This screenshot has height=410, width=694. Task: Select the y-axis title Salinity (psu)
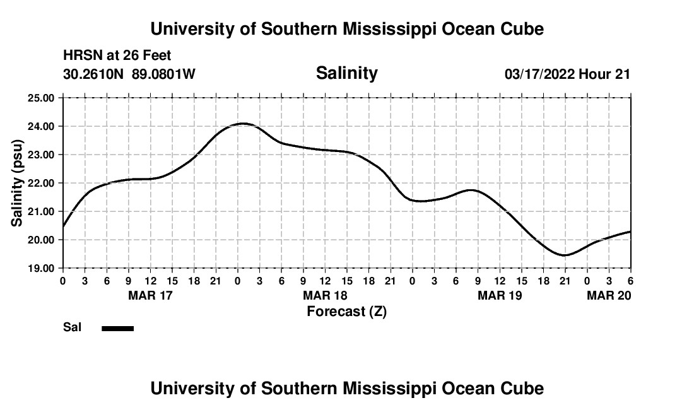click(x=17, y=183)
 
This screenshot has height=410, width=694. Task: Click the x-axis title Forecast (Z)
click(x=346, y=311)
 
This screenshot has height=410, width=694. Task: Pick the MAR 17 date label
click(x=150, y=295)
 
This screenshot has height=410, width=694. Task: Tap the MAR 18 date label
click(x=325, y=295)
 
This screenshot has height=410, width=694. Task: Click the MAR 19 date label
click(x=500, y=295)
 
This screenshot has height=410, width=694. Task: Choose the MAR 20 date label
click(x=609, y=295)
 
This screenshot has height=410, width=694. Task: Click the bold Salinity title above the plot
click(x=346, y=73)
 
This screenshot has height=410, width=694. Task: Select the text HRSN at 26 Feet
click(x=117, y=56)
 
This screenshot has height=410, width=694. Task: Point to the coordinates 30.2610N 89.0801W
click(x=129, y=74)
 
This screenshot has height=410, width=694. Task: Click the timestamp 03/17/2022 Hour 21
click(x=567, y=74)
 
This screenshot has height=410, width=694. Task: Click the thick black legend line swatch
click(x=117, y=328)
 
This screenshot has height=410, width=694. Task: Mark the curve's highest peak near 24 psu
click(x=243, y=124)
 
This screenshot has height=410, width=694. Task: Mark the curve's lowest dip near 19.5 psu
click(x=565, y=255)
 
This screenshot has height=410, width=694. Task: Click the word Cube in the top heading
click(x=522, y=29)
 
